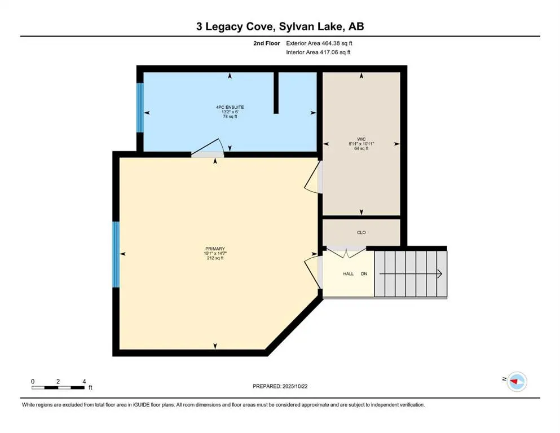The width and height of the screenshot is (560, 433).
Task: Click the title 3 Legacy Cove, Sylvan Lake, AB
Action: click(280, 26)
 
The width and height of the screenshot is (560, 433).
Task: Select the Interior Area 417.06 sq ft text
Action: click(318, 52)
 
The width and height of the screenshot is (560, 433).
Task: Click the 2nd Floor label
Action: click(267, 43)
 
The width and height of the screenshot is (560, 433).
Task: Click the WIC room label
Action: click(361, 139)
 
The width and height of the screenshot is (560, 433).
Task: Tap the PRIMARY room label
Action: click(215, 248)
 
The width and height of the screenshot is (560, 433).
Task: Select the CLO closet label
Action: click(361, 232)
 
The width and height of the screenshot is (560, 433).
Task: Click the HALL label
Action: click(349, 274)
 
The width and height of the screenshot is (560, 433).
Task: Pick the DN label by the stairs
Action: click(364, 274)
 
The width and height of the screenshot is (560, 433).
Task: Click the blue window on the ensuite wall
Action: click(140, 107)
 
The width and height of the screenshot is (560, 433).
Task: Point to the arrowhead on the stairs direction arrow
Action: click(439, 274)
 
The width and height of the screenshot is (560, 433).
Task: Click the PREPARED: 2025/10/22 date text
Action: click(280, 386)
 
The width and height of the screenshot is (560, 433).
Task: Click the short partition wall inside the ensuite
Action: click(276, 93)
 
